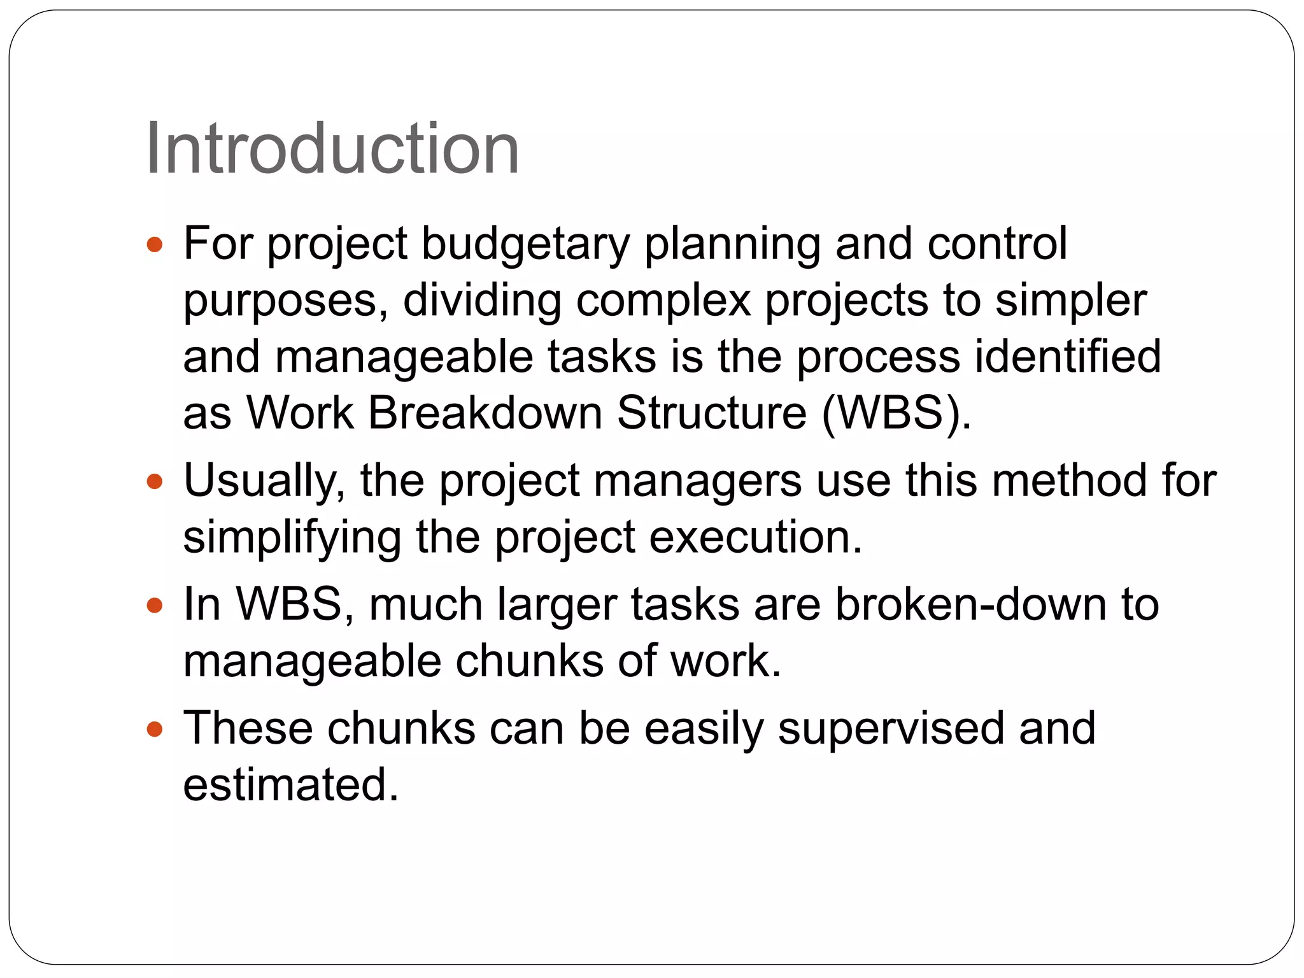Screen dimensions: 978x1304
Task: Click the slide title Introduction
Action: (x=332, y=149)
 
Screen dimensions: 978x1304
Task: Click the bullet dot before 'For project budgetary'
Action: (x=155, y=244)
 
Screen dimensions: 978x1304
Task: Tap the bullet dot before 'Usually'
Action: (x=155, y=481)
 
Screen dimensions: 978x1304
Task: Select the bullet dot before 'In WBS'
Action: (x=155, y=605)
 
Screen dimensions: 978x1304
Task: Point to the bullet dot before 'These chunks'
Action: (x=155, y=728)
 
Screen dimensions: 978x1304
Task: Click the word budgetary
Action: (x=525, y=244)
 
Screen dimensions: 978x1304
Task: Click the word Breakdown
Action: (x=485, y=413)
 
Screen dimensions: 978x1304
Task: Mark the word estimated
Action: (x=290, y=784)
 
